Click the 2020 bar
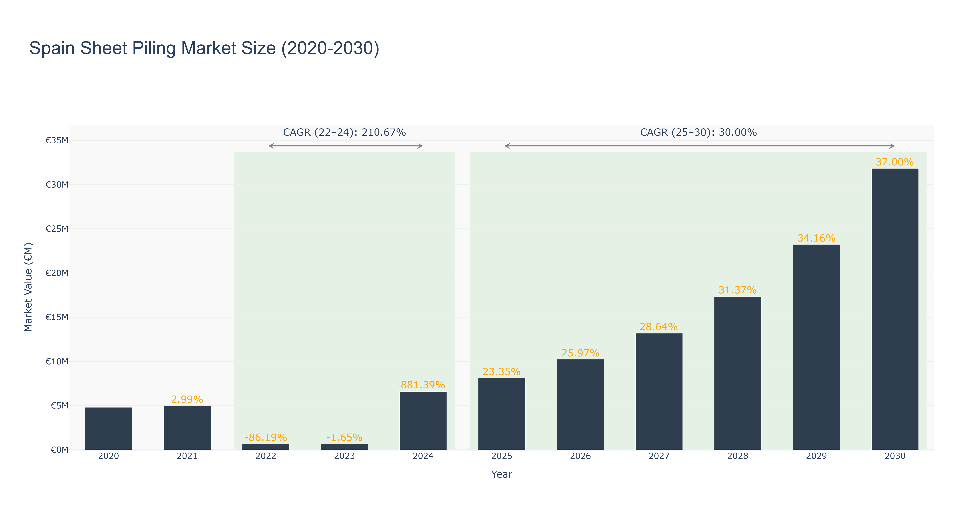[108, 428]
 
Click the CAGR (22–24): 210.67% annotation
[344, 132]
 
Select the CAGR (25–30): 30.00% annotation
[698, 132]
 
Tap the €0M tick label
[59, 450]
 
